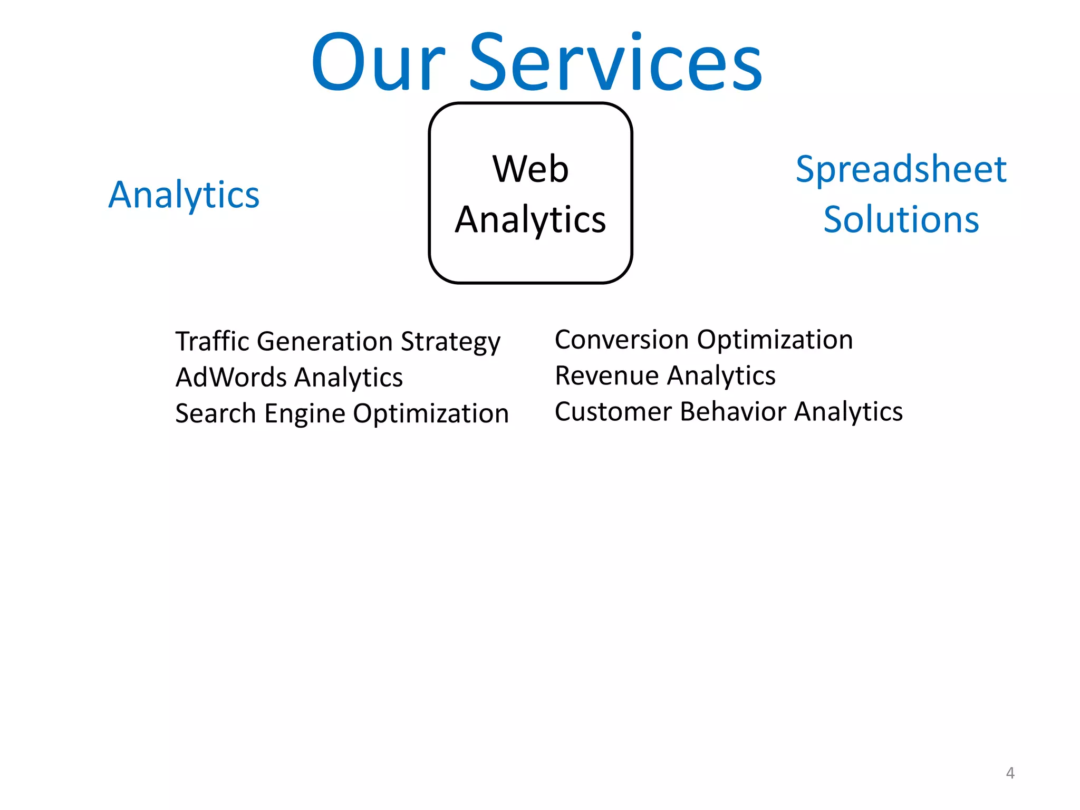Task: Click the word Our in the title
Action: (379, 63)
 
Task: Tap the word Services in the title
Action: (615, 63)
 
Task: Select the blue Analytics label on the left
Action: (184, 195)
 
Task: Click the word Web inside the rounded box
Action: (531, 169)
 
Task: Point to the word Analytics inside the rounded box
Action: (531, 220)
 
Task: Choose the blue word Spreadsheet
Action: (901, 170)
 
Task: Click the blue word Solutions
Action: (901, 219)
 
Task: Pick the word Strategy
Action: (450, 342)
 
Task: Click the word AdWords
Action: (231, 378)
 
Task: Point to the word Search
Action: (215, 413)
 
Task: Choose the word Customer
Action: (613, 412)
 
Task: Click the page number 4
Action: (1010, 773)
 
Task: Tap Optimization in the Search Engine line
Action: (431, 414)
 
